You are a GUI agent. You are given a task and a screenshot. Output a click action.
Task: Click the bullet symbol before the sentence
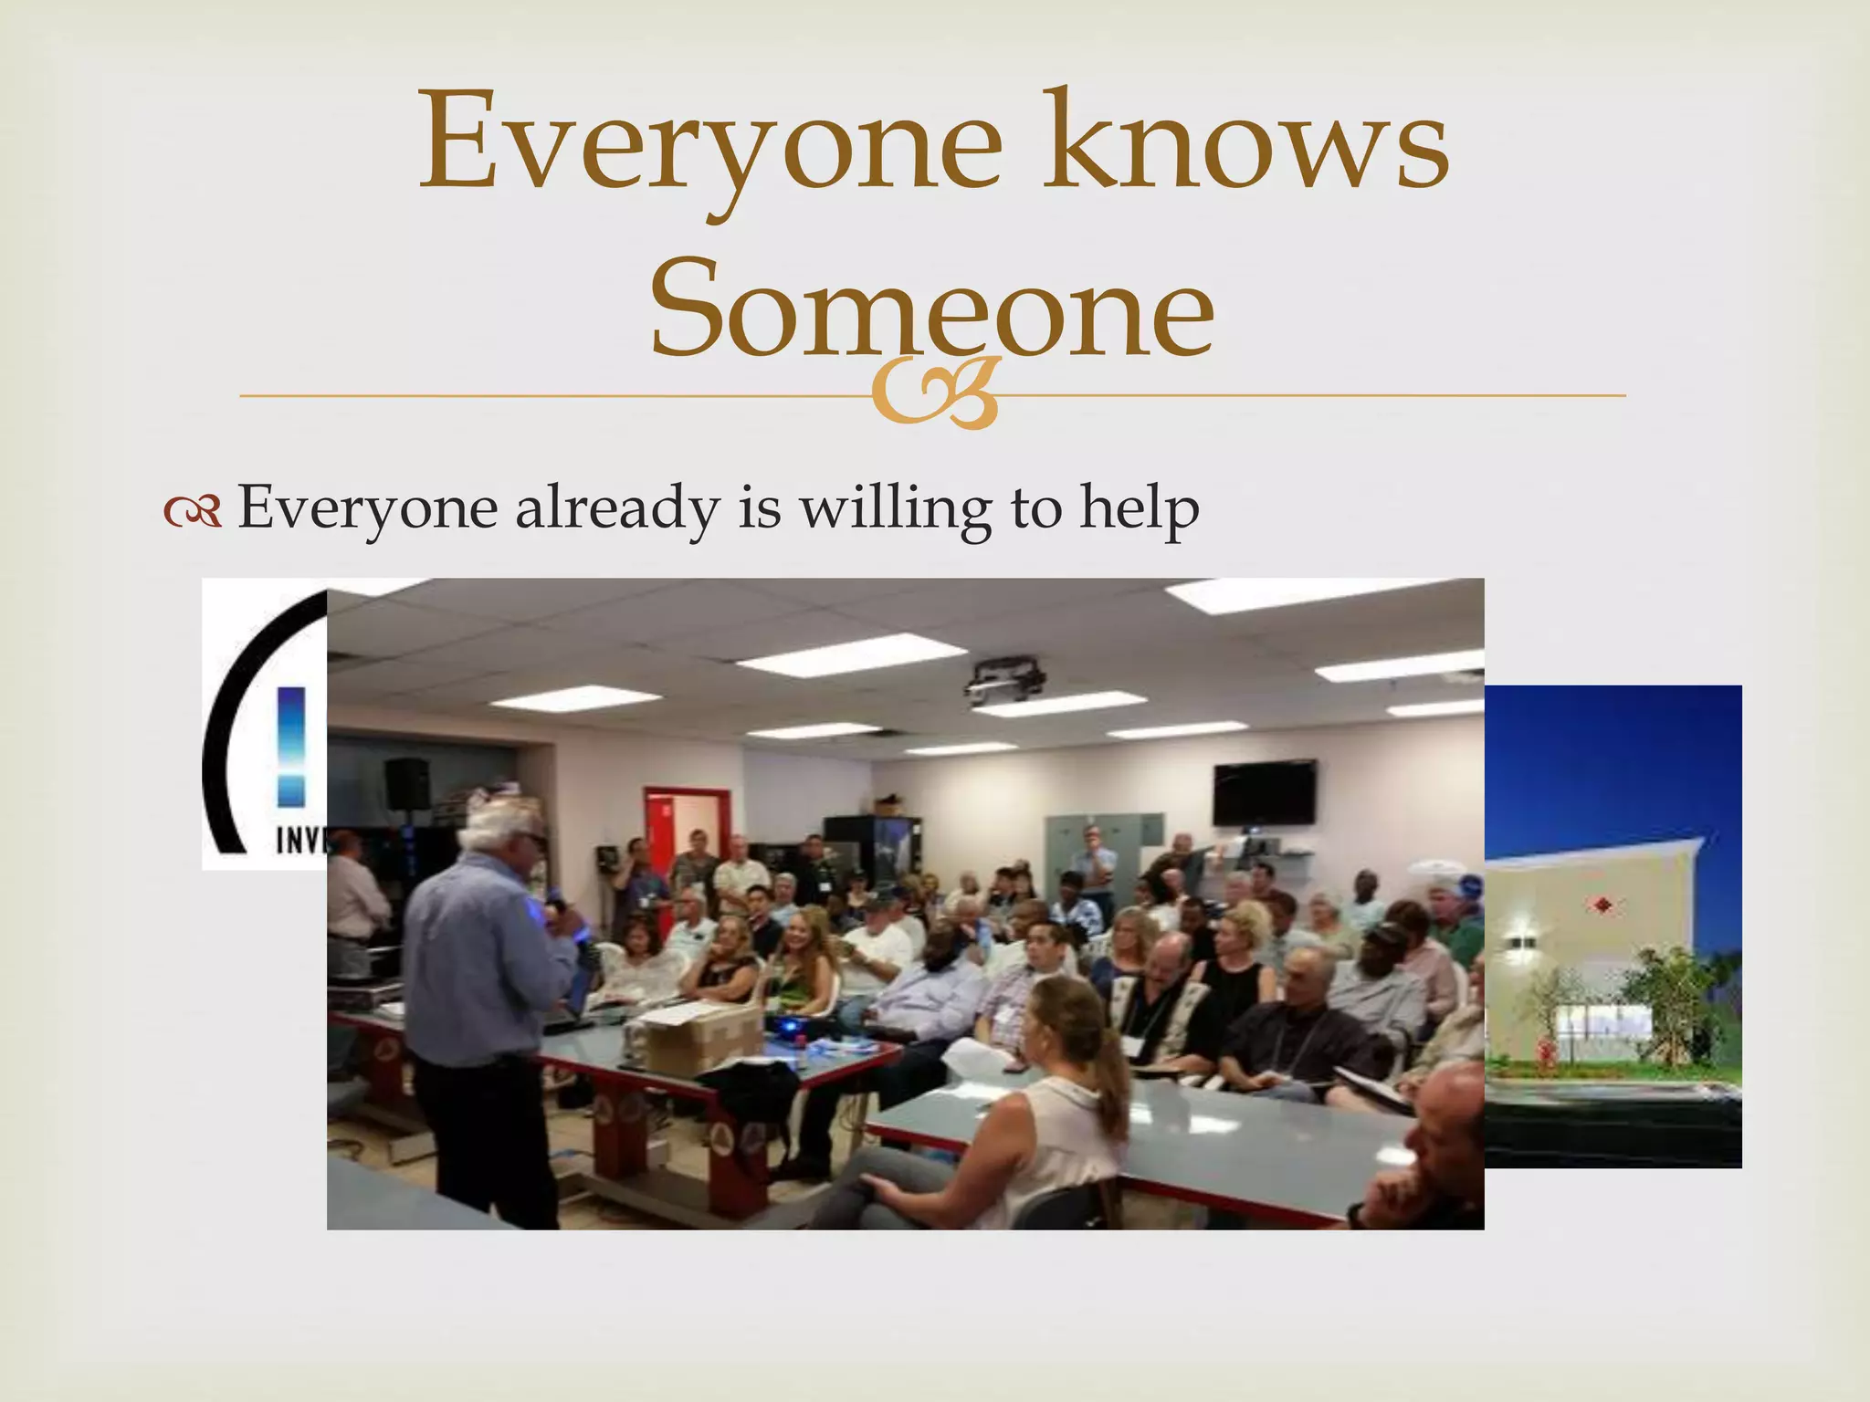click(193, 513)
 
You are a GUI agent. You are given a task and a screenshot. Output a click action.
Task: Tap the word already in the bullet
click(617, 509)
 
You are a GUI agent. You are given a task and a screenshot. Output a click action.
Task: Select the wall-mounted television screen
click(1264, 792)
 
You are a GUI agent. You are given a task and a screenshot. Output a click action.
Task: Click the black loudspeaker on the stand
click(407, 783)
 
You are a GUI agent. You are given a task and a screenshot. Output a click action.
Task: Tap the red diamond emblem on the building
click(1601, 905)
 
